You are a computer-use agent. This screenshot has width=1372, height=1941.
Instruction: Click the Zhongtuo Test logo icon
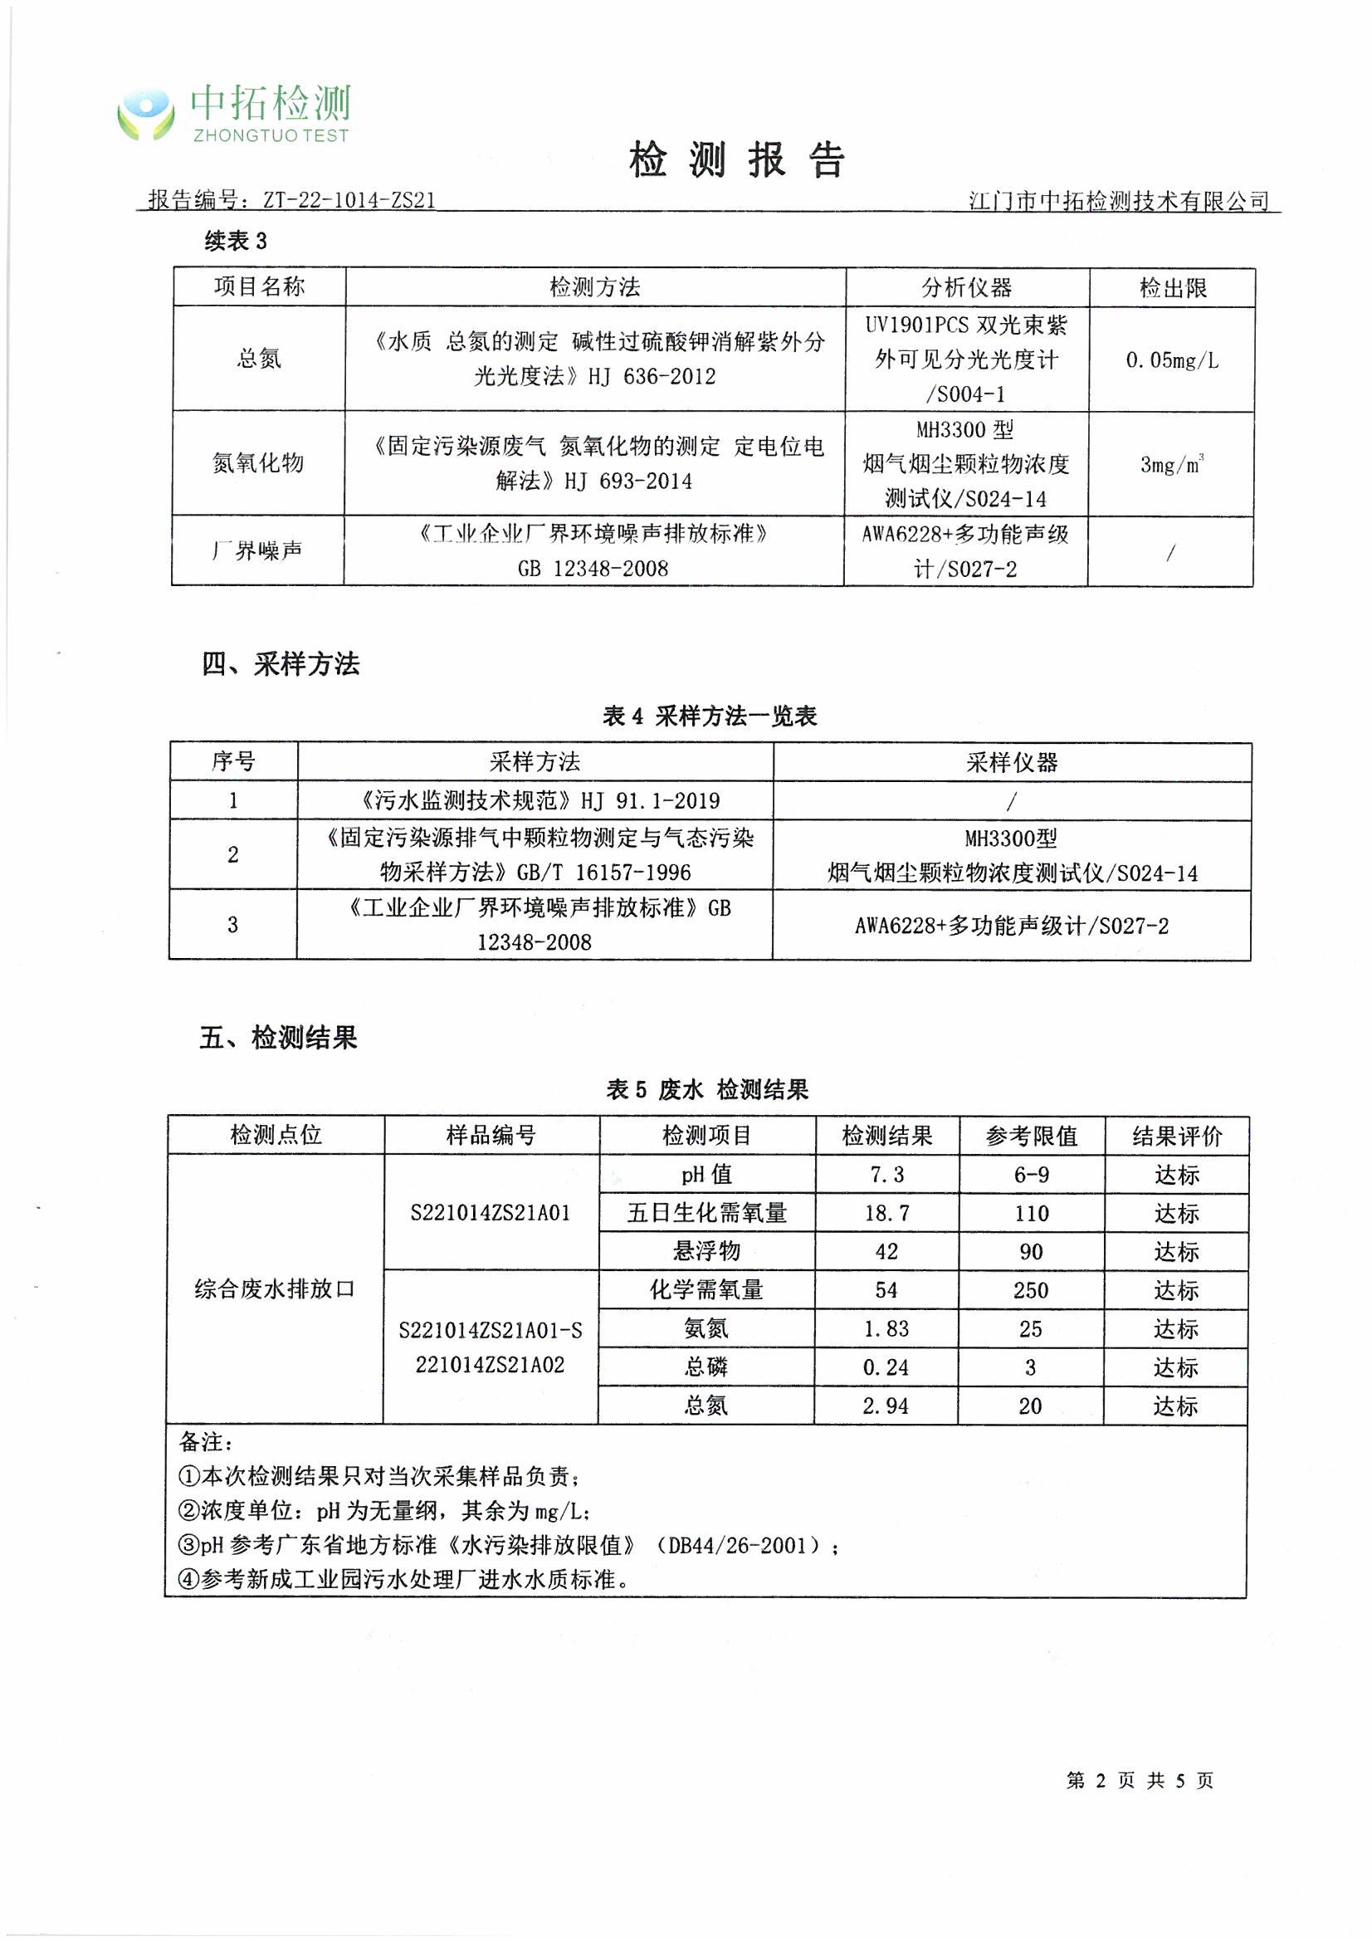(145, 114)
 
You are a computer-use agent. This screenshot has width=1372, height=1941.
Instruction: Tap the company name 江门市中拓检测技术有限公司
(1118, 201)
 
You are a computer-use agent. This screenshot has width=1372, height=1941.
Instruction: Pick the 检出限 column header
(1173, 288)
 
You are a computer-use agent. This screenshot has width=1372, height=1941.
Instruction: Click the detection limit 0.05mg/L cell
(1172, 360)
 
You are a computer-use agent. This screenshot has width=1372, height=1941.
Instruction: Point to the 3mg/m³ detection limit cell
(1172, 464)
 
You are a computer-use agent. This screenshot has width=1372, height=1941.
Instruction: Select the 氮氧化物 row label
(258, 463)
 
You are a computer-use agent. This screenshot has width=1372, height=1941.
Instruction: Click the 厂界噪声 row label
(257, 551)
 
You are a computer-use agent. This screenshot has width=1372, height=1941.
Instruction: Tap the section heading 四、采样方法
(281, 664)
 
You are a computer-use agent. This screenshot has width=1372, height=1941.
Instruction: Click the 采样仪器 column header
(1012, 762)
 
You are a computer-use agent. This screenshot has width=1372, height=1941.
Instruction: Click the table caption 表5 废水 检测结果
(707, 1090)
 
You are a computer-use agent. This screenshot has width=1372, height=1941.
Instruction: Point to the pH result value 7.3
(886, 1175)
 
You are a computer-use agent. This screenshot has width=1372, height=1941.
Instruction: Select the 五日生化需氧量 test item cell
(706, 1214)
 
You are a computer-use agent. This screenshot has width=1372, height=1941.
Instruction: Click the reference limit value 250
(1031, 1291)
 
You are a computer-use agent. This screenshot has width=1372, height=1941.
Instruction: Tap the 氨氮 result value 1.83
(886, 1329)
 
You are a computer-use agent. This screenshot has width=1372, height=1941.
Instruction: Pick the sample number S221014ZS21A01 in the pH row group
(491, 1213)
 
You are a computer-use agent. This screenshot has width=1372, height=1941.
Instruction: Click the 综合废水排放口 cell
(275, 1289)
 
